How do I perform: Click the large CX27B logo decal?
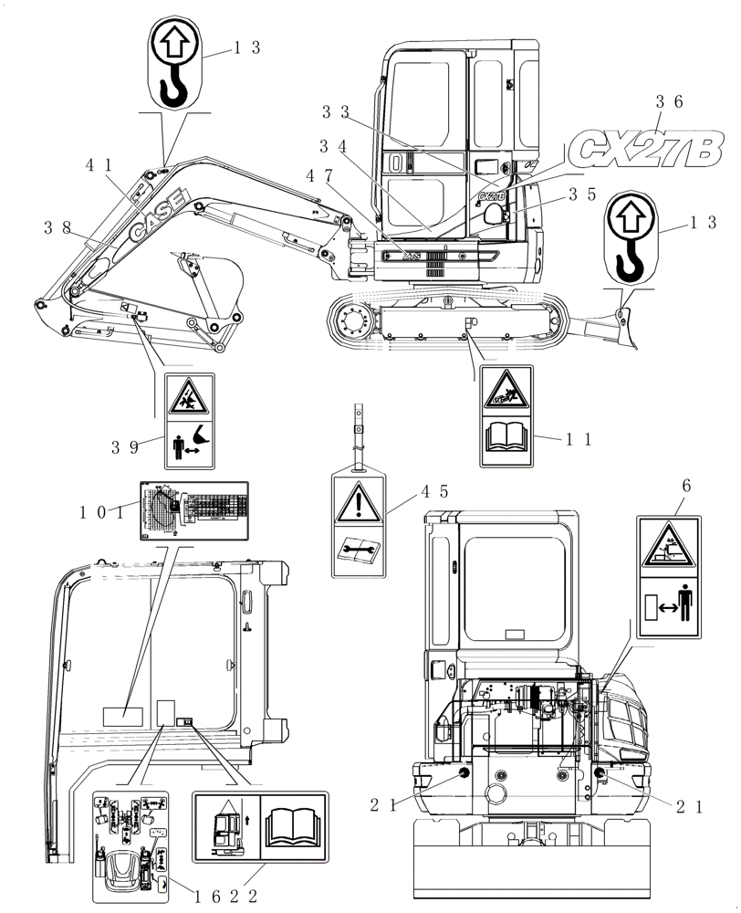pos(646,147)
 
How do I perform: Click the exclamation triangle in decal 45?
pos(360,501)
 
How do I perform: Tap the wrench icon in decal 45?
pos(359,548)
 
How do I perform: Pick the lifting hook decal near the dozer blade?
pos(628,239)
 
